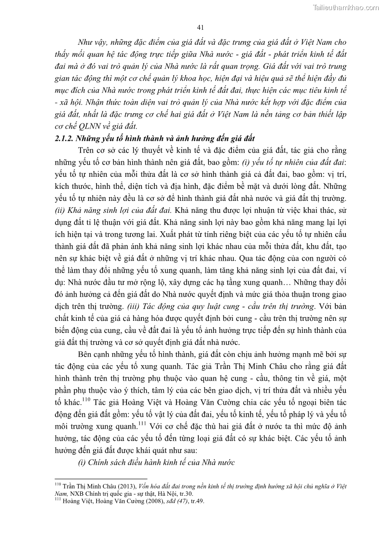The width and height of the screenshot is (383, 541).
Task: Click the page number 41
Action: coord(202,27)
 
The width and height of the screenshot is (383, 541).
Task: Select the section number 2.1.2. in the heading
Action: coord(62,139)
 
